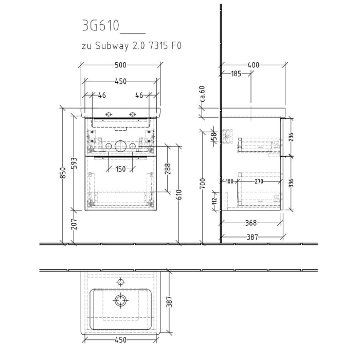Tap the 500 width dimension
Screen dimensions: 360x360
pos(120,65)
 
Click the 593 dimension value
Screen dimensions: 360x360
pos(74,163)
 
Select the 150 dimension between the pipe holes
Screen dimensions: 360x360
pos(120,169)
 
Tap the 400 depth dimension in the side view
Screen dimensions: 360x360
pos(253,65)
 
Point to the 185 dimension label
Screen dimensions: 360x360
pos(236,74)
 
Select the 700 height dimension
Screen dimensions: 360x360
pos(203,183)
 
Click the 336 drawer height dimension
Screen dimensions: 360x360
pos(291,183)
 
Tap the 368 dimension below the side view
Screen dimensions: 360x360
pos(250,223)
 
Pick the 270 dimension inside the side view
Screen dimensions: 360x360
pos(259,181)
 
